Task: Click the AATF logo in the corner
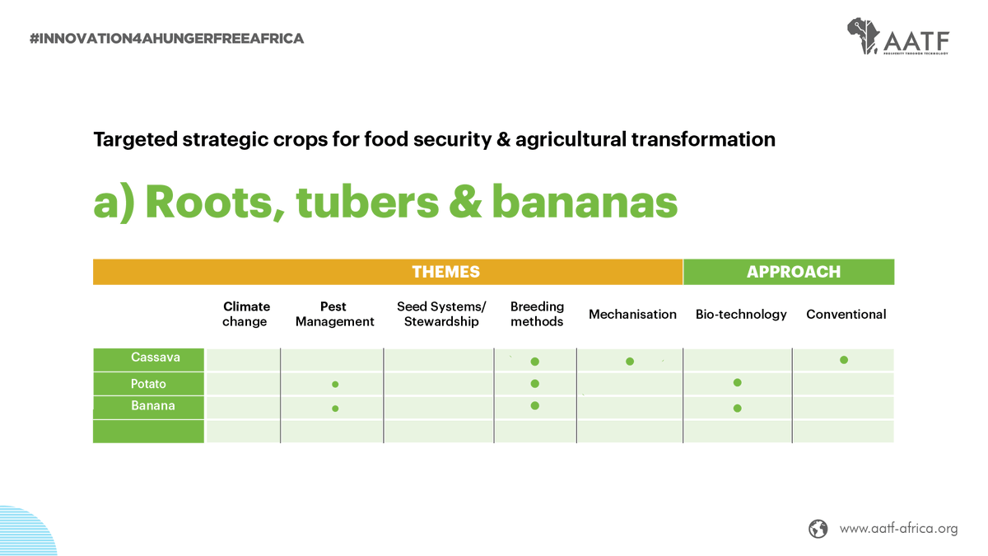(898, 36)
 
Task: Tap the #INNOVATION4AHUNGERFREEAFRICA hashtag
(166, 39)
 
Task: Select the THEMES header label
(446, 272)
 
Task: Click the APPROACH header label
(794, 272)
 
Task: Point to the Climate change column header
(245, 314)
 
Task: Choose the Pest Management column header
(335, 314)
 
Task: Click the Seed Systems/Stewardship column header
(441, 314)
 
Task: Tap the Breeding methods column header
(537, 314)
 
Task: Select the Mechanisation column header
(632, 314)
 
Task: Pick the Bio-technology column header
(741, 314)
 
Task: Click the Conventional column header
(846, 314)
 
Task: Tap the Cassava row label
(156, 357)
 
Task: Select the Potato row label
(148, 384)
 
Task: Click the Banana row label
(152, 405)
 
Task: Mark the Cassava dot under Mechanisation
(630, 362)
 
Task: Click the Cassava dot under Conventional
(844, 360)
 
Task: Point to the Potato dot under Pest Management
(335, 385)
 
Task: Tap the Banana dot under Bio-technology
(737, 409)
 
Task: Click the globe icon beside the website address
(818, 529)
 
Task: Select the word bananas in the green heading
(585, 202)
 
